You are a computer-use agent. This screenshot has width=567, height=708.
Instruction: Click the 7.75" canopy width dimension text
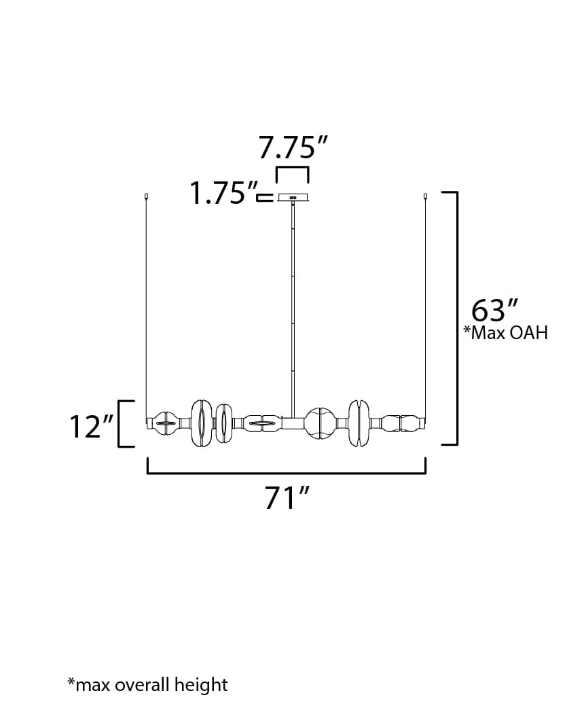(293, 147)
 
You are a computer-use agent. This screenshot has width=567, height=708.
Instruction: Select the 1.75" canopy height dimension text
(219, 194)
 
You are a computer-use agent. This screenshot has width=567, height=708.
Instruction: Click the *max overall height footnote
(147, 684)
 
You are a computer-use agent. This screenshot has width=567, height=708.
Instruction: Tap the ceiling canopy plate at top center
(293, 198)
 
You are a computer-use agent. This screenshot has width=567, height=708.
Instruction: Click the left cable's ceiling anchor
(147, 197)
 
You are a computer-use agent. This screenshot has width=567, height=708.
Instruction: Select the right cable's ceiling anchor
(426, 197)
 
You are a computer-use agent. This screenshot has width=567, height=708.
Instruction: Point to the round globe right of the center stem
(319, 423)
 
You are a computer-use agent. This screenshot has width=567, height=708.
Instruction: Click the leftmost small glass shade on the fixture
(164, 424)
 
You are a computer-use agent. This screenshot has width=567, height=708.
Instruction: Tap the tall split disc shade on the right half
(359, 423)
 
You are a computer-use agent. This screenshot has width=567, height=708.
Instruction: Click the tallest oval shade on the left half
(200, 424)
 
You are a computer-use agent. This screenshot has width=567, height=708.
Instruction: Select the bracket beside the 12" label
(122, 424)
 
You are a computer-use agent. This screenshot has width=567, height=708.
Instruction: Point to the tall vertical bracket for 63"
(456, 318)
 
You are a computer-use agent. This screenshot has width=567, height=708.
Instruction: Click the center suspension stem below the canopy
(293, 306)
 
